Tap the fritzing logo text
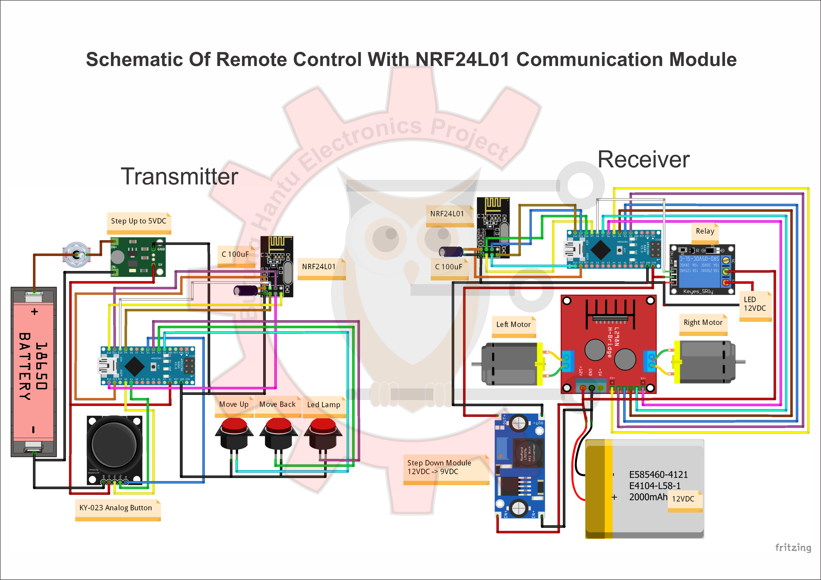pyautogui.click(x=793, y=547)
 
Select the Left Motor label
pyautogui.click(x=513, y=324)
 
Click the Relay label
pyautogui.click(x=705, y=231)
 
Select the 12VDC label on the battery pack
pyautogui.click(x=683, y=499)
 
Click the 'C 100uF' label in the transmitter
pyautogui.click(x=235, y=254)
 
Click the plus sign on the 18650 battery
pyautogui.click(x=34, y=312)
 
